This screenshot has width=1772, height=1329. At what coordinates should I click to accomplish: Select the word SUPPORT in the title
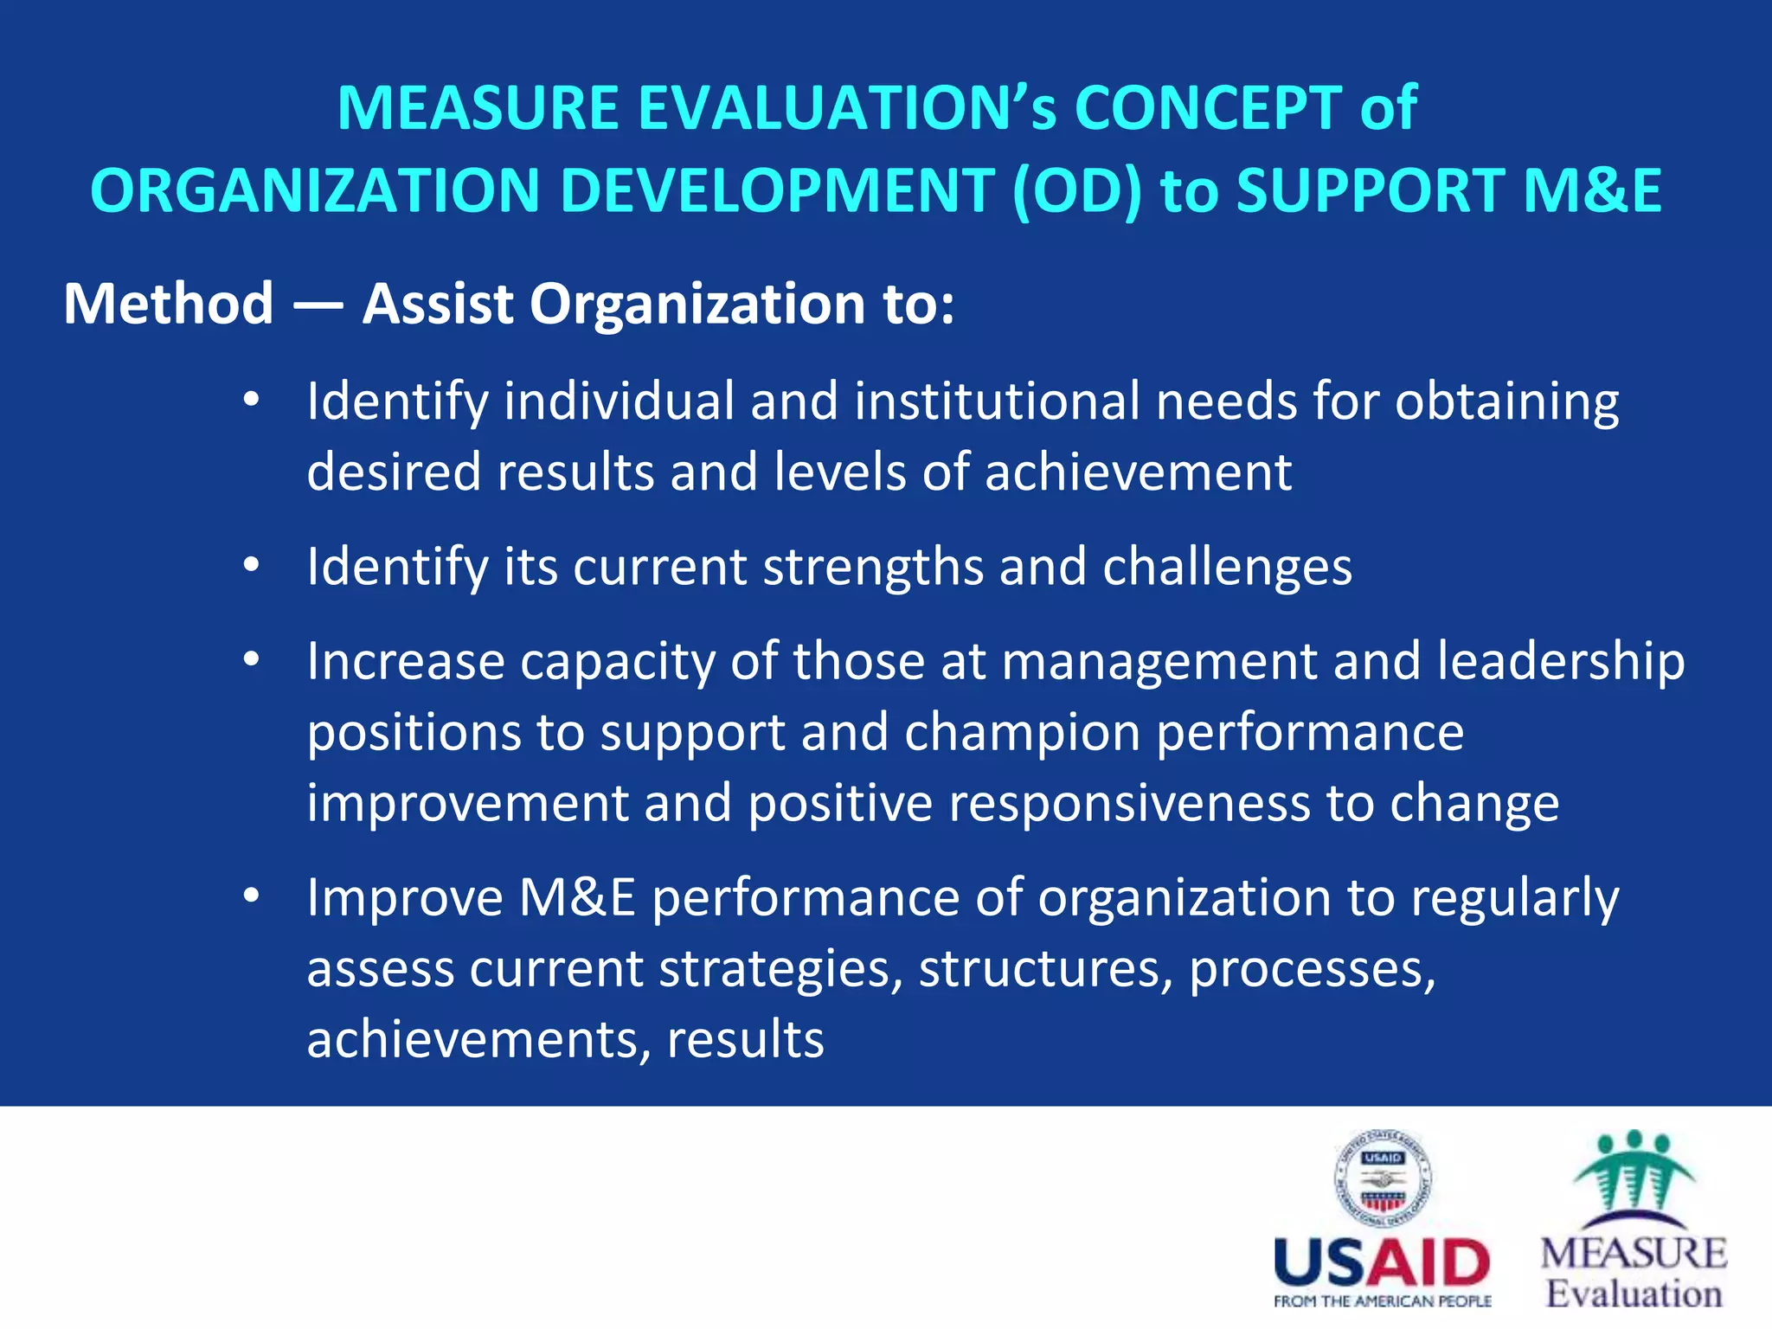[1371, 191]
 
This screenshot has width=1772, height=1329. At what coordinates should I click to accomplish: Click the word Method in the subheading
[169, 305]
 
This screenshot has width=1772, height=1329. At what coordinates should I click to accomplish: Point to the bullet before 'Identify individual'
[251, 401]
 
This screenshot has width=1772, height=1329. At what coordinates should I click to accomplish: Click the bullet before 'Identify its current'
[251, 566]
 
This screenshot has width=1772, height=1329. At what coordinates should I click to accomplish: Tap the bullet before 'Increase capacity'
[251, 660]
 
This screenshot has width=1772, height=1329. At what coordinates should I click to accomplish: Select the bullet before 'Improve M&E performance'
[251, 896]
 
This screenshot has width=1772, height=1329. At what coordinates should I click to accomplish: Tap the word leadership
[1561, 662]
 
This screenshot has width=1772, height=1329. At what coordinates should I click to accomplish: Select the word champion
[1022, 734]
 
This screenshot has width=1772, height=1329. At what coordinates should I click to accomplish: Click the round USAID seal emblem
[1383, 1178]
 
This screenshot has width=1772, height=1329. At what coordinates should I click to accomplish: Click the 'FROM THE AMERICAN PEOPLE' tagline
[1382, 1301]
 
